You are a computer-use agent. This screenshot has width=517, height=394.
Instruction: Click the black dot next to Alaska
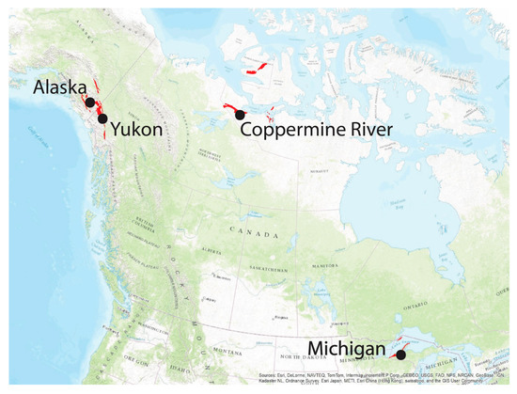pyautogui.click(x=88, y=102)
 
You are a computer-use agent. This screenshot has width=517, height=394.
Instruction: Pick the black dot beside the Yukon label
pyautogui.click(x=102, y=119)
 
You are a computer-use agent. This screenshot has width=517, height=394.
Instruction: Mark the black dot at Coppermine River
pyautogui.click(x=241, y=115)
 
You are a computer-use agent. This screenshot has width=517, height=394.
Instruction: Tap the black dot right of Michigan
pyautogui.click(x=401, y=355)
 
